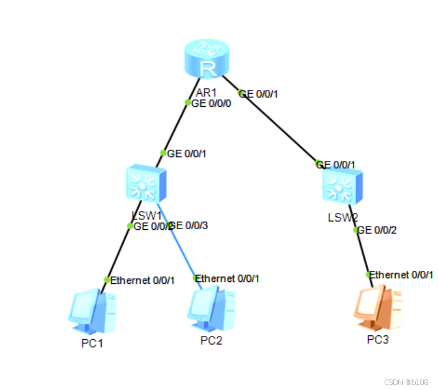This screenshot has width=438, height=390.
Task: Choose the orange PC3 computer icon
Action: click(x=377, y=308)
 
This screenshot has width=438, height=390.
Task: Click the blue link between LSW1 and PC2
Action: click(x=179, y=246)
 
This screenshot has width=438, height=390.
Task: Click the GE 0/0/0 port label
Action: click(x=212, y=104)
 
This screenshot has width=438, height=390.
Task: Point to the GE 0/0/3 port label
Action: click(x=190, y=225)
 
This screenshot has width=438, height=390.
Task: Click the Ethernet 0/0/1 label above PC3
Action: click(x=401, y=274)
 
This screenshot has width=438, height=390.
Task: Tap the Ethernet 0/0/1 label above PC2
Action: click(x=228, y=278)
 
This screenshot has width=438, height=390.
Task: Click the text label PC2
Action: click(x=211, y=340)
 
